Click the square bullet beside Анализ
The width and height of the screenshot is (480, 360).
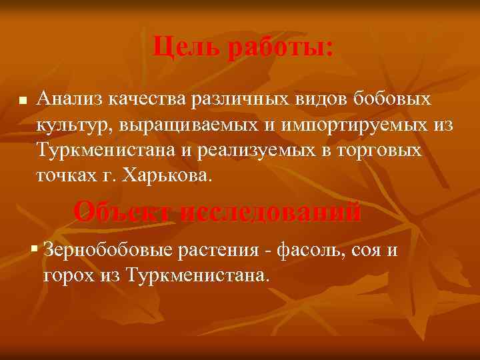tap(23, 103)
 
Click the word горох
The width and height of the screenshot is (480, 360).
tap(71, 275)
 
